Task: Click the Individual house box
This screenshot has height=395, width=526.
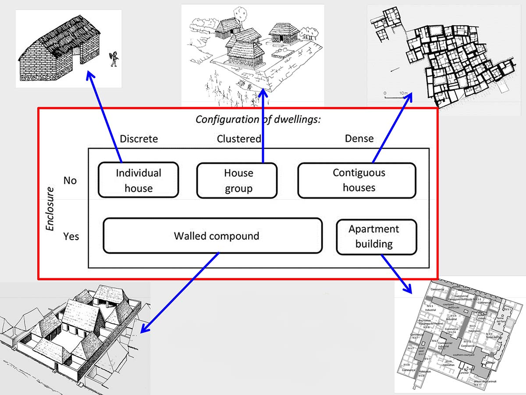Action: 138,180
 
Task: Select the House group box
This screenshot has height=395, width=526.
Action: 237,180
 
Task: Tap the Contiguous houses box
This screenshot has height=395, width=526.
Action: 357,180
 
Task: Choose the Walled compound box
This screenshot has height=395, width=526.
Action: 213,236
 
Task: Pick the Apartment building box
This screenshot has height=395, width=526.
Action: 376,236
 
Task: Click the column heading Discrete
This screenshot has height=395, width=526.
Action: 139,139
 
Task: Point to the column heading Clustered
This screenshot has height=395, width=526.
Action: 239,139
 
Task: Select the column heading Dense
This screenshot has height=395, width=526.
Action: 359,139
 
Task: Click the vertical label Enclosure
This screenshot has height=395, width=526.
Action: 51,209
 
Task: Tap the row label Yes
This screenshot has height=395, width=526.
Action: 71,236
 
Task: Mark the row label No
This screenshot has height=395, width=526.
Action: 70,180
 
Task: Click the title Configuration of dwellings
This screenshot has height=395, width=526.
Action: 258,119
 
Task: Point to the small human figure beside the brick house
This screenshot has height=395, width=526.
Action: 114,58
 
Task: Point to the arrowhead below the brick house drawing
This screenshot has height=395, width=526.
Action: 89,76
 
